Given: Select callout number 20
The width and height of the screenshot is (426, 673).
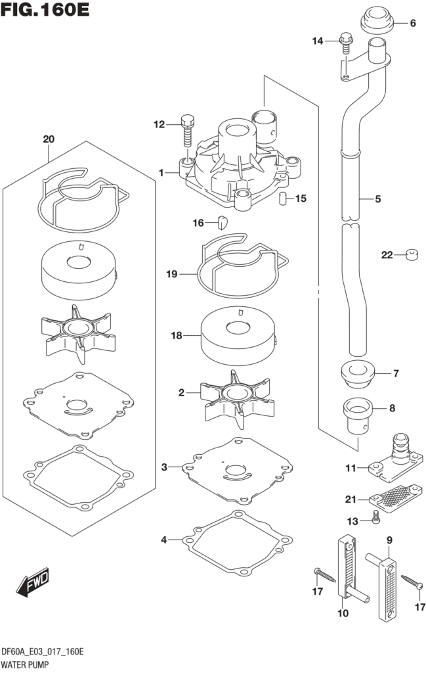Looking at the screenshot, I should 48,139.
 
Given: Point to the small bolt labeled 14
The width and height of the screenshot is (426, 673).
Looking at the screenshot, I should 345,42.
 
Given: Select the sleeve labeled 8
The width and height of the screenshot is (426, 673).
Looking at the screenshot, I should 357,413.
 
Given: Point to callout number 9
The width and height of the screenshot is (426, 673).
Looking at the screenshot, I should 389,541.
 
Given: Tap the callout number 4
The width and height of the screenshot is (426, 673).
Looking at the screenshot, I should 164,540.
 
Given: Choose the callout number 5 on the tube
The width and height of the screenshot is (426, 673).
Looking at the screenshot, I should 377,198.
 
